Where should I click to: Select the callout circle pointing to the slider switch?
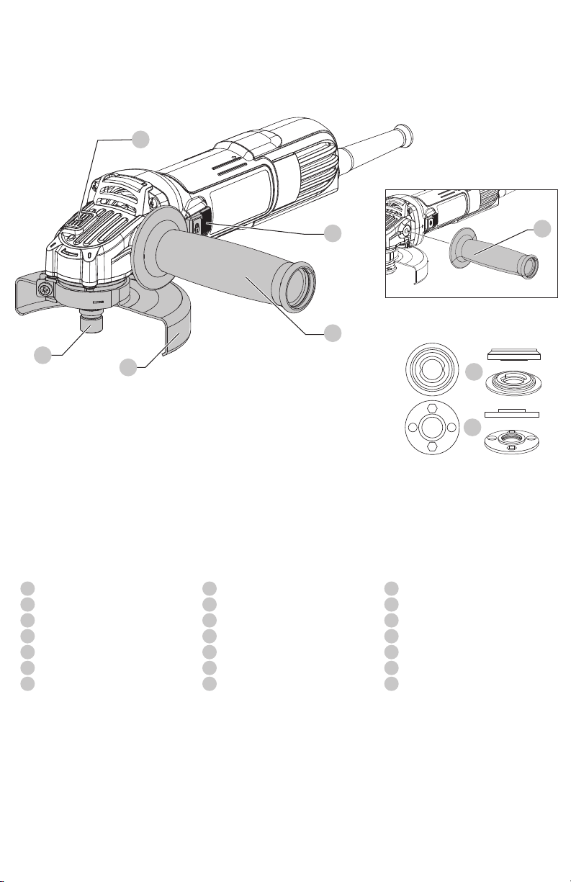click(332, 233)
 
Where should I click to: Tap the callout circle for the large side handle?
click(332, 333)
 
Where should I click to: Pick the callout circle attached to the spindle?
click(43, 354)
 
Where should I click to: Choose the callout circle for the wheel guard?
click(128, 367)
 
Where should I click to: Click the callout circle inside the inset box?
click(544, 229)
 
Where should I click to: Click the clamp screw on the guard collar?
click(45, 289)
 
